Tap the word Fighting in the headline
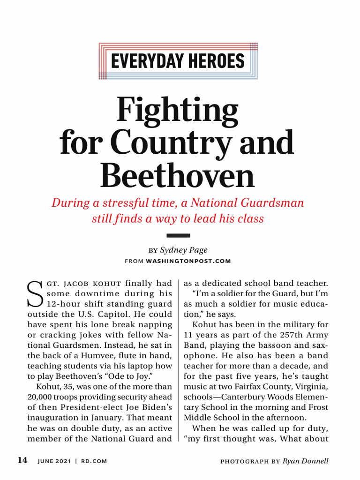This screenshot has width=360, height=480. click(177, 109)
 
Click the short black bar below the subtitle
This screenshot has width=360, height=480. click(178, 235)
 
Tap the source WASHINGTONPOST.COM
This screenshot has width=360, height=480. click(188, 261)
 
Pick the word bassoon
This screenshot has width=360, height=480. click(277, 345)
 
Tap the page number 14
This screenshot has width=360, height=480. click(22, 461)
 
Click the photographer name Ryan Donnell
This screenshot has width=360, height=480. click(305, 461)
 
